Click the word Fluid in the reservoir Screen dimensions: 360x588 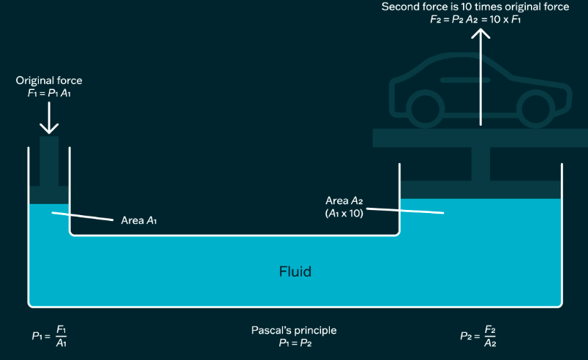[295, 271]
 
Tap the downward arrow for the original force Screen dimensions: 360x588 [49, 117]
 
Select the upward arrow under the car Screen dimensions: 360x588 [480, 73]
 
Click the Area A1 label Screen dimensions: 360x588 [138, 220]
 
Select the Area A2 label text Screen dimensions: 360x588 [344, 200]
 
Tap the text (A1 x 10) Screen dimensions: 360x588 [344, 214]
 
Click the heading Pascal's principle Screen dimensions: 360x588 [294, 330]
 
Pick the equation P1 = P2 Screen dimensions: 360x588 [294, 342]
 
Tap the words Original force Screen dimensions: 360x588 [49, 80]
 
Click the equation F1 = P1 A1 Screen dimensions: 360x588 [49, 93]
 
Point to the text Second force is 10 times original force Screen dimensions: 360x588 [475, 7]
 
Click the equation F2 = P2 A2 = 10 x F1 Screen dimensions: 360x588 [475, 20]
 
